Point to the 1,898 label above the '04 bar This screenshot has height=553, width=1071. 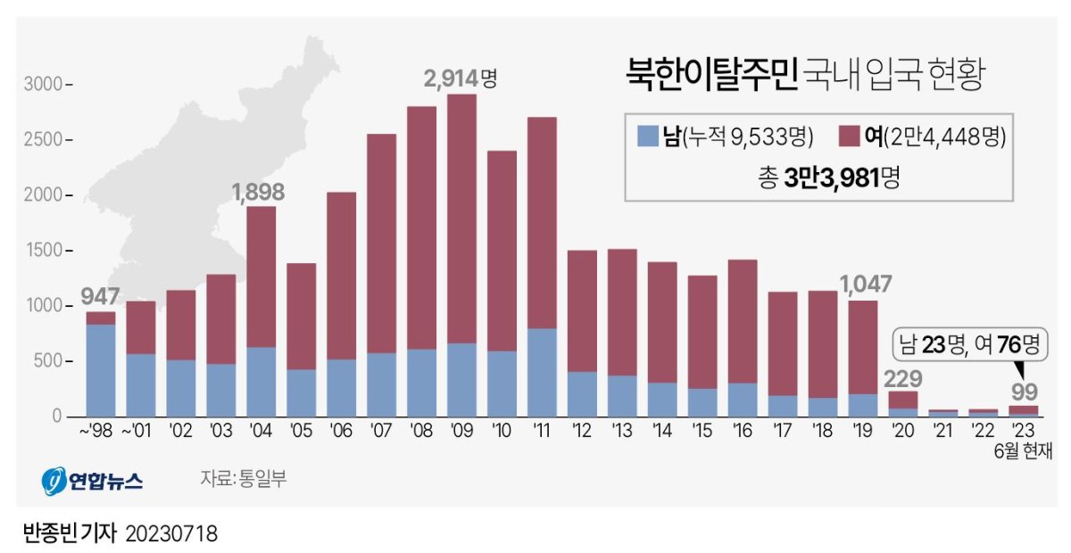click(260, 191)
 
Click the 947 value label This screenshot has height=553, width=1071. click(100, 296)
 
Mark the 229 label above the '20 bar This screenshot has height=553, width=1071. click(904, 377)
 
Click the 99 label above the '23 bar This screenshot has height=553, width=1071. click(1024, 392)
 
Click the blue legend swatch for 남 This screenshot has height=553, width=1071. click(648, 136)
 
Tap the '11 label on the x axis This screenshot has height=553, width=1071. click(542, 432)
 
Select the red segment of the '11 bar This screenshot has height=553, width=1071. click(542, 223)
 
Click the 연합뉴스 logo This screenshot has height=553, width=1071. click(92, 481)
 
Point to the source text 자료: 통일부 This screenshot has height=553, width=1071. click(244, 479)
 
